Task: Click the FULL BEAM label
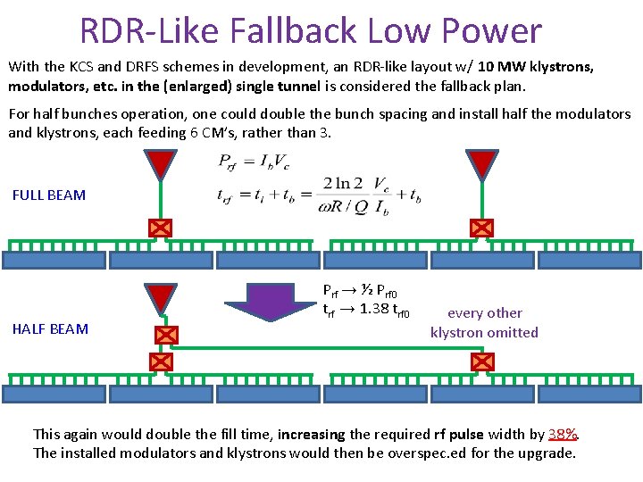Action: [49, 195]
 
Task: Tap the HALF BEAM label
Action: [50, 328]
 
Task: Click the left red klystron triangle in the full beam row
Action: [160, 164]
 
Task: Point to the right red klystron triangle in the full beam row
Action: [482, 164]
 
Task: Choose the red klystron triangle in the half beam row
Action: [161, 298]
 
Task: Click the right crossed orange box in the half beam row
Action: [482, 361]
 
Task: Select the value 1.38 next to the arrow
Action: [373, 311]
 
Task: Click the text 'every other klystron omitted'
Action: [484, 322]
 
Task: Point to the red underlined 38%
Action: [563, 435]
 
